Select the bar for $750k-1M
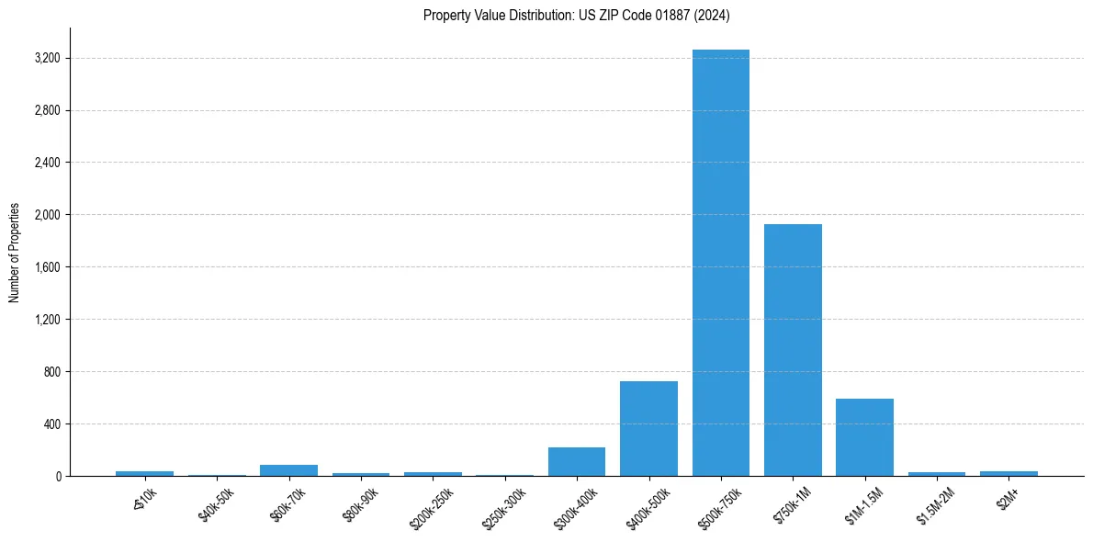point(793,350)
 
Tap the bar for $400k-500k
point(648,428)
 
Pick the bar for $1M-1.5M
point(864,437)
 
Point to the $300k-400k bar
point(577,461)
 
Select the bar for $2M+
point(1008,473)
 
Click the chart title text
point(577,15)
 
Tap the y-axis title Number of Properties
point(15,253)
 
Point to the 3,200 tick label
point(46,59)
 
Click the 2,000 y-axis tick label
point(46,215)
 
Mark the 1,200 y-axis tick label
point(46,320)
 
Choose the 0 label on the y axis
point(57,477)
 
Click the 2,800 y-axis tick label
point(46,111)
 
